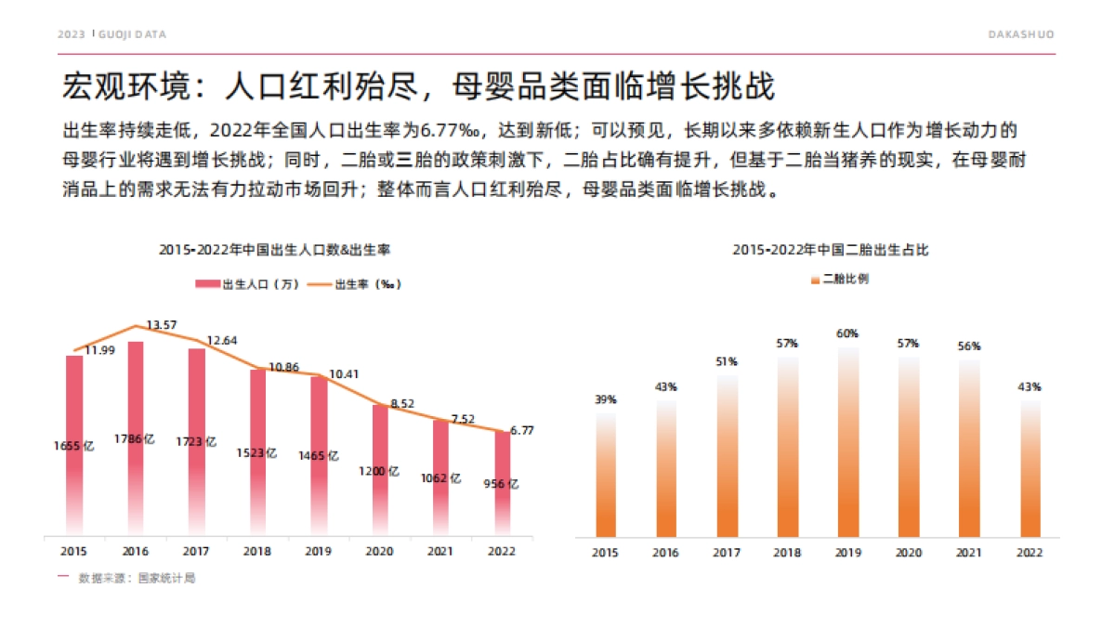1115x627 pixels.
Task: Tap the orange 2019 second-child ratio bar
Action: tap(847, 446)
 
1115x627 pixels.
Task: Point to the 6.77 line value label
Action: tap(524, 430)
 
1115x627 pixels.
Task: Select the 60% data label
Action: tap(847, 333)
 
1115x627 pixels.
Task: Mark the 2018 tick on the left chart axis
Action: tap(257, 551)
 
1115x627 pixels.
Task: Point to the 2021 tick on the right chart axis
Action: tap(969, 553)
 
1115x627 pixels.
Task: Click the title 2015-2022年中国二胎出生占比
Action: tap(831, 250)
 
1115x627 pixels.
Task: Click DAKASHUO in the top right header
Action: tap(1020, 34)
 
